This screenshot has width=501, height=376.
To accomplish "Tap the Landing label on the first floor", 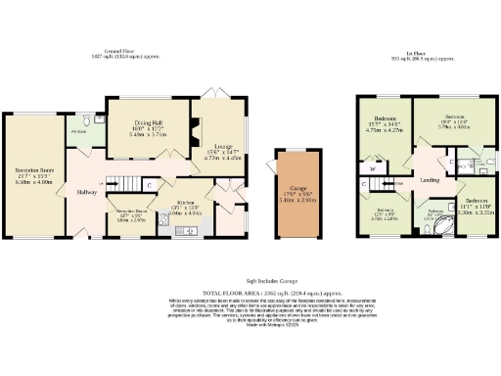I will click(x=428, y=179).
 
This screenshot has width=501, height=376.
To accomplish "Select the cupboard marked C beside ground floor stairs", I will click(x=148, y=183).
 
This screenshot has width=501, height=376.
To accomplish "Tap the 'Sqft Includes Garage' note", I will click(x=250, y=278).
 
